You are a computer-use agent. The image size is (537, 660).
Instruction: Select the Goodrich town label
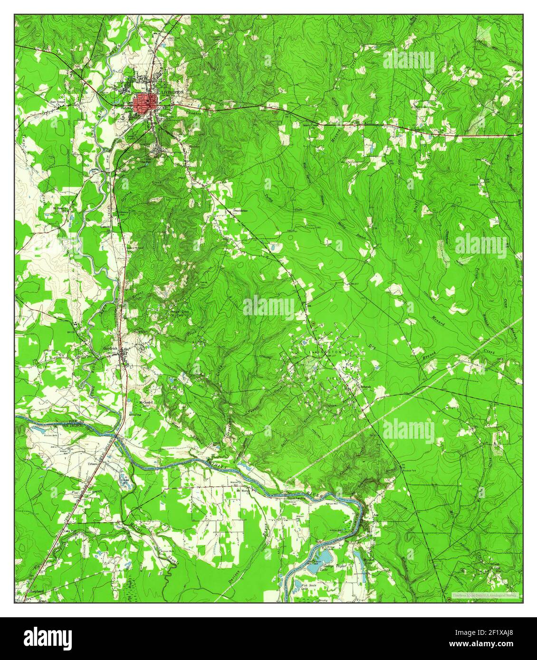pos(110,348)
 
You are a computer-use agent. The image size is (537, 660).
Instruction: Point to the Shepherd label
pos(36,591)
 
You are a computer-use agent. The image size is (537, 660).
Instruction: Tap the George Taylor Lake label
pos(333,568)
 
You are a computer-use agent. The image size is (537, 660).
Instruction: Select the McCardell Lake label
pos(145,404)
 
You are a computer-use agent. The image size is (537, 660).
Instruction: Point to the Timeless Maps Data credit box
pos(484,594)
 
